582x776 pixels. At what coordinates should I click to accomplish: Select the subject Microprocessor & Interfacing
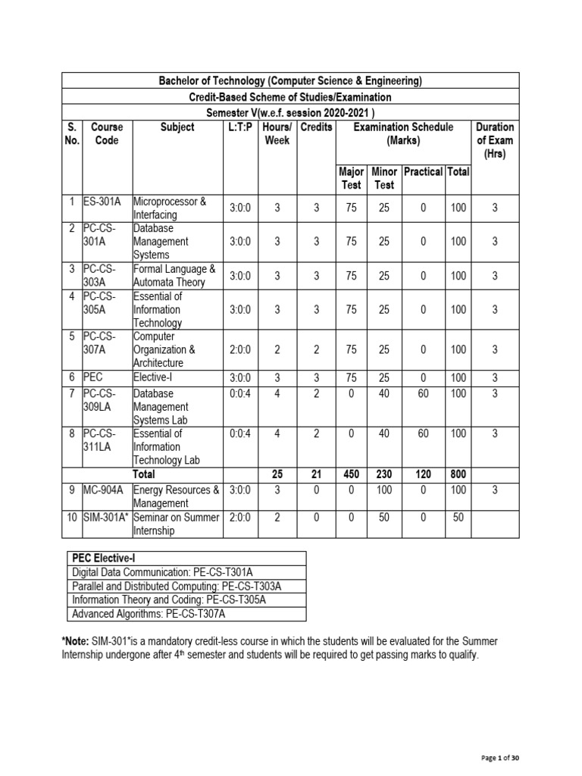[x=175, y=208]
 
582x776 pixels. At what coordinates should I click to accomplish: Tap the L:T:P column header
[x=241, y=127]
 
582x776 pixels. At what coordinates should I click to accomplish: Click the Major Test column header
[x=351, y=178]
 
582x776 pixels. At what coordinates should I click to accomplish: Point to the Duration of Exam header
[x=494, y=140]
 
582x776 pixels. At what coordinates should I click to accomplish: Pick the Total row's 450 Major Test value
[x=351, y=474]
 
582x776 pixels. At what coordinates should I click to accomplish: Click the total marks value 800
[x=458, y=474]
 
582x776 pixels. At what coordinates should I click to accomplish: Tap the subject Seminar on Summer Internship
[x=175, y=524]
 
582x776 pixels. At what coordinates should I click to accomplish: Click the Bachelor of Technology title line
[x=289, y=81]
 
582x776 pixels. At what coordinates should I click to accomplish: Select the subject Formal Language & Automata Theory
[x=175, y=276]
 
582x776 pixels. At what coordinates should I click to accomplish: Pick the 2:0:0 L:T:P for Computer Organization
[x=241, y=349]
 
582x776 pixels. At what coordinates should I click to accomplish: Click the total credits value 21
[x=316, y=474]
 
